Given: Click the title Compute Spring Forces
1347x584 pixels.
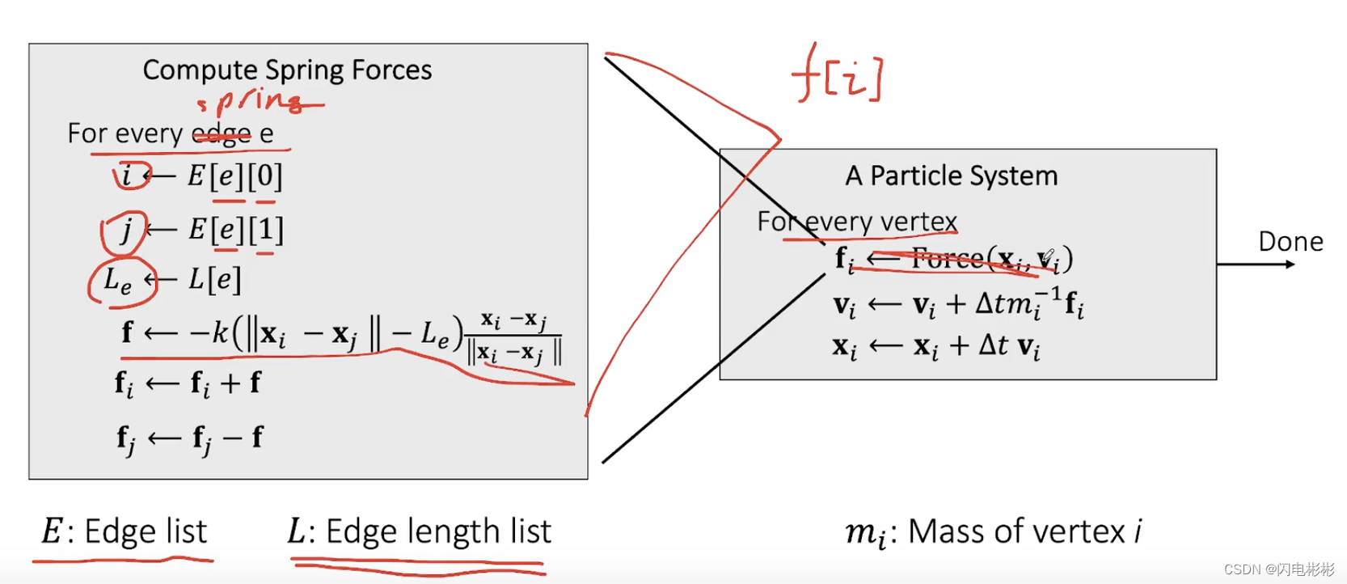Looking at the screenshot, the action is pos(287,70).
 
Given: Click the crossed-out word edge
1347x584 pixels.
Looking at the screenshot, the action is pos(221,133).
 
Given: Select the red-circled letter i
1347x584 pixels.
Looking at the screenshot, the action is pos(127,175).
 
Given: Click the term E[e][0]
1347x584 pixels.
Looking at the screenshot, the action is pos(234,176).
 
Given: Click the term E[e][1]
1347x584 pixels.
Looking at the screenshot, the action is pos(235,231).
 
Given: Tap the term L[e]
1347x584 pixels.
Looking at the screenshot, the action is pos(214,280).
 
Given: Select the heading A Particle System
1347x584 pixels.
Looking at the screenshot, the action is pos(952,176).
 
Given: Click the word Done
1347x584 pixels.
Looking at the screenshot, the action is pos(1290,242).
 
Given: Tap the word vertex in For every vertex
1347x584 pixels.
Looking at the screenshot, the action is pos(918,222).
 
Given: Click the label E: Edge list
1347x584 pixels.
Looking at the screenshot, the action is pos(125,531).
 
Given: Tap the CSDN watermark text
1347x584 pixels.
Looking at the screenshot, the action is pos(1278,569).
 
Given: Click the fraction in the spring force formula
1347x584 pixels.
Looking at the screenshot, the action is pos(514,336).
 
